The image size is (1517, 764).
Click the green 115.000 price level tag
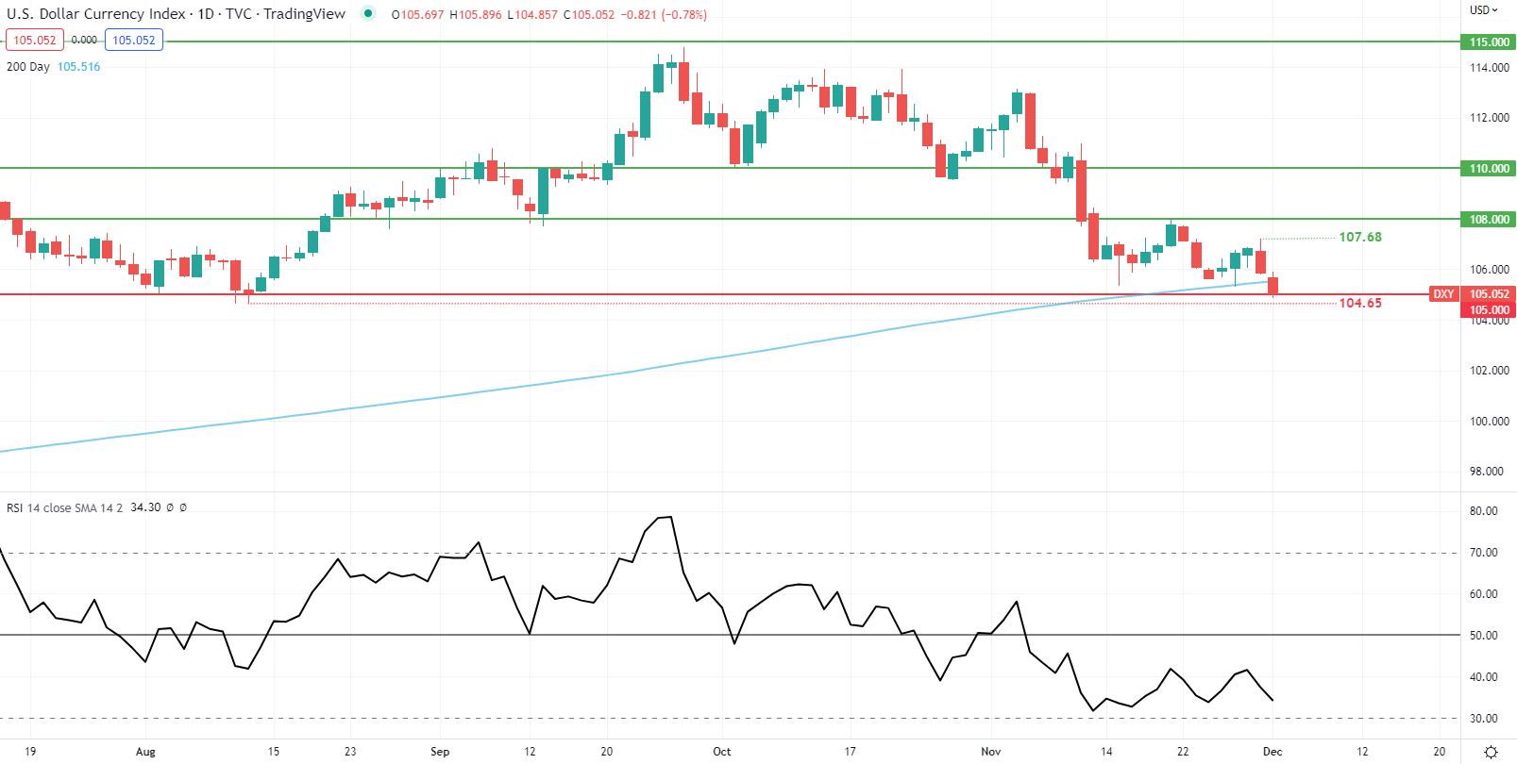pyautogui.click(x=1489, y=42)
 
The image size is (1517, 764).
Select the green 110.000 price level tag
pyautogui.click(x=1489, y=169)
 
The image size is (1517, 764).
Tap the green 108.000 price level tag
pyautogui.click(x=1489, y=220)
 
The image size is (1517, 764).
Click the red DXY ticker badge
pyautogui.click(x=1443, y=294)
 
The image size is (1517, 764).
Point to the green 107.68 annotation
pyautogui.click(x=1359, y=238)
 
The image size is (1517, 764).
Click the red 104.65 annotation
pyautogui.click(x=1359, y=303)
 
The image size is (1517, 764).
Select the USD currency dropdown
pyautogui.click(x=1483, y=10)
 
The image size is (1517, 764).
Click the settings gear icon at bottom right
pyautogui.click(x=1491, y=752)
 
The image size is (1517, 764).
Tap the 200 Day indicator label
pyautogui.click(x=28, y=67)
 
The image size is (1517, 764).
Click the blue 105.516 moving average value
pyautogui.click(x=78, y=67)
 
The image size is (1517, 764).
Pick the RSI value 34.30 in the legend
pyautogui.click(x=145, y=507)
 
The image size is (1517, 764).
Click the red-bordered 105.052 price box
pyautogui.click(x=35, y=41)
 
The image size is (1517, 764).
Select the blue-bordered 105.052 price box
pyautogui.click(x=134, y=41)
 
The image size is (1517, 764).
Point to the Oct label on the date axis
pyautogui.click(x=722, y=752)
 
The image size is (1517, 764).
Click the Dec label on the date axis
pyautogui.click(x=1273, y=752)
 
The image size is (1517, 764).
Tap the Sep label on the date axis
pyautogui.click(x=440, y=752)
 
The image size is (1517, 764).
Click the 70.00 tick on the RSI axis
pyautogui.click(x=1483, y=553)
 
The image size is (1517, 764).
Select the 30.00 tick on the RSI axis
pyautogui.click(x=1483, y=719)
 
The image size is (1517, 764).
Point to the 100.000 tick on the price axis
pyautogui.click(x=1489, y=422)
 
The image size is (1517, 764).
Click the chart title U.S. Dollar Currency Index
pyautogui.click(x=95, y=14)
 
